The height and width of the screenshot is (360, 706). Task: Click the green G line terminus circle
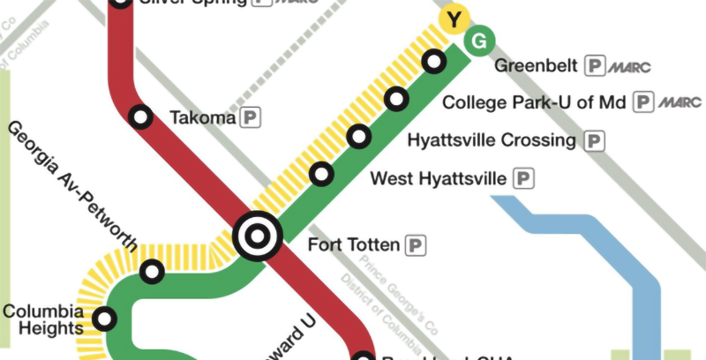pyautogui.click(x=479, y=41)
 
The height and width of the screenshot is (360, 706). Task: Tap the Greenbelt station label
pyautogui.click(x=536, y=66)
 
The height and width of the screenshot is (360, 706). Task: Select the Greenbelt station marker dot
pyautogui.click(x=433, y=62)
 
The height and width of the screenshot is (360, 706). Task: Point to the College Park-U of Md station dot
pyautogui.click(x=397, y=99)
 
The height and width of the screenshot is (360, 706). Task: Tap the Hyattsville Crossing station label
pyautogui.click(x=492, y=140)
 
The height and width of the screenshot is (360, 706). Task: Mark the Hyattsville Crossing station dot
pyautogui.click(x=359, y=137)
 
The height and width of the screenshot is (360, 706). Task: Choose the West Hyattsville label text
pyautogui.click(x=439, y=179)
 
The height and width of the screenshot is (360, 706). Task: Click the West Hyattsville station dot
pyautogui.click(x=322, y=174)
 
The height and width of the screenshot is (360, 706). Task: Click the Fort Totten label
pyautogui.click(x=352, y=244)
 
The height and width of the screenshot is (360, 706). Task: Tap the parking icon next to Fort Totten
pyautogui.click(x=416, y=244)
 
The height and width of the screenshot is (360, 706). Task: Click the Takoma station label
pyautogui.click(x=203, y=117)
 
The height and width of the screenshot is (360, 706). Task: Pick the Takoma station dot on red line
pyautogui.click(x=139, y=116)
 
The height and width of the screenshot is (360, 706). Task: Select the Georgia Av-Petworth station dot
pyautogui.click(x=153, y=272)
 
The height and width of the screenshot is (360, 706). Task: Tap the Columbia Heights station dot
pyautogui.click(x=106, y=318)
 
